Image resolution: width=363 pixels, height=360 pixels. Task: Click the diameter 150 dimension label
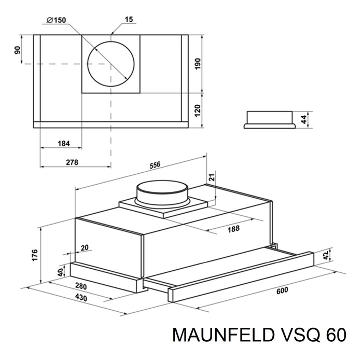tap(55, 20)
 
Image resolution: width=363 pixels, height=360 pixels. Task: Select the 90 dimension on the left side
tap(17, 50)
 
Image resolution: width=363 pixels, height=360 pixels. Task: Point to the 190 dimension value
tap(198, 63)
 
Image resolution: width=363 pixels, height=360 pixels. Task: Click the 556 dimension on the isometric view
tap(155, 165)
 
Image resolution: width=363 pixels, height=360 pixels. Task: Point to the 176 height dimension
tap(35, 254)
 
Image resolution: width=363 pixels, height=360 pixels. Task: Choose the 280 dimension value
tap(80, 287)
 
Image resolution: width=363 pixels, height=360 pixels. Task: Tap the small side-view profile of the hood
tap(270, 119)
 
